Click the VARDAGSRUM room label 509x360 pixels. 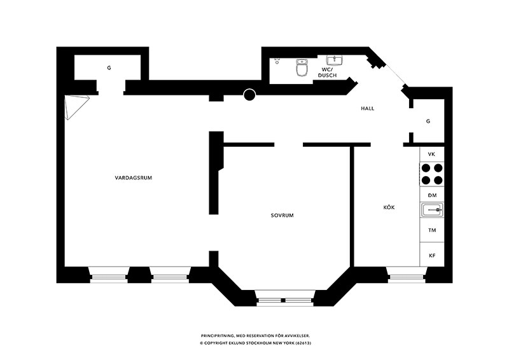(x=134, y=178)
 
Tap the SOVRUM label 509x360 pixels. (x=282, y=215)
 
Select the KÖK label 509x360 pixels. (x=389, y=207)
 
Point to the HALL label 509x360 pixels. (x=368, y=108)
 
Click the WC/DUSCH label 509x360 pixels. (x=327, y=73)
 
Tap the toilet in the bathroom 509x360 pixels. (x=302, y=67)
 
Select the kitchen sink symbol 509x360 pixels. (x=432, y=210)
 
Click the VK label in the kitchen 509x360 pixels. (x=431, y=155)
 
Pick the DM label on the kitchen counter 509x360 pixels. (x=432, y=195)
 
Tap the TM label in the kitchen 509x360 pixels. (x=432, y=230)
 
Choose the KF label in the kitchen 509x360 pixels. (x=432, y=256)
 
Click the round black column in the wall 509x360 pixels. (x=249, y=95)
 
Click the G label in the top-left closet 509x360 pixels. (x=109, y=68)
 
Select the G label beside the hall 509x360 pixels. (x=428, y=121)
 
